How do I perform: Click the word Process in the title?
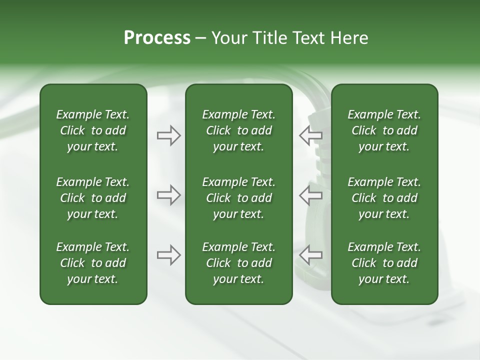[x=157, y=38]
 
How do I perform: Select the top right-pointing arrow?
[x=169, y=135]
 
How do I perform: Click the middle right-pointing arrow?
[x=169, y=195]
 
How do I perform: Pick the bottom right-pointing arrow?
[x=169, y=255]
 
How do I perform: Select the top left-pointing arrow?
[x=310, y=135]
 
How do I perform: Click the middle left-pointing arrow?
[x=310, y=195]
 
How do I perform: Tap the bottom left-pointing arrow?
[x=310, y=255]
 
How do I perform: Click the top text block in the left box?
[x=93, y=130]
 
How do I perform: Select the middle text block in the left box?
[x=93, y=198]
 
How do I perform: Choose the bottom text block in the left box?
[x=93, y=263]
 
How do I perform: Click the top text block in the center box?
[x=238, y=130]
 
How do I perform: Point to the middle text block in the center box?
[x=238, y=198]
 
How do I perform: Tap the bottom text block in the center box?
[x=238, y=263]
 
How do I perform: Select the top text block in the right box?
[x=384, y=130]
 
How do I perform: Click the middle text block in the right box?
[x=384, y=198]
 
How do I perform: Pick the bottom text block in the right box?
[x=384, y=263]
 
